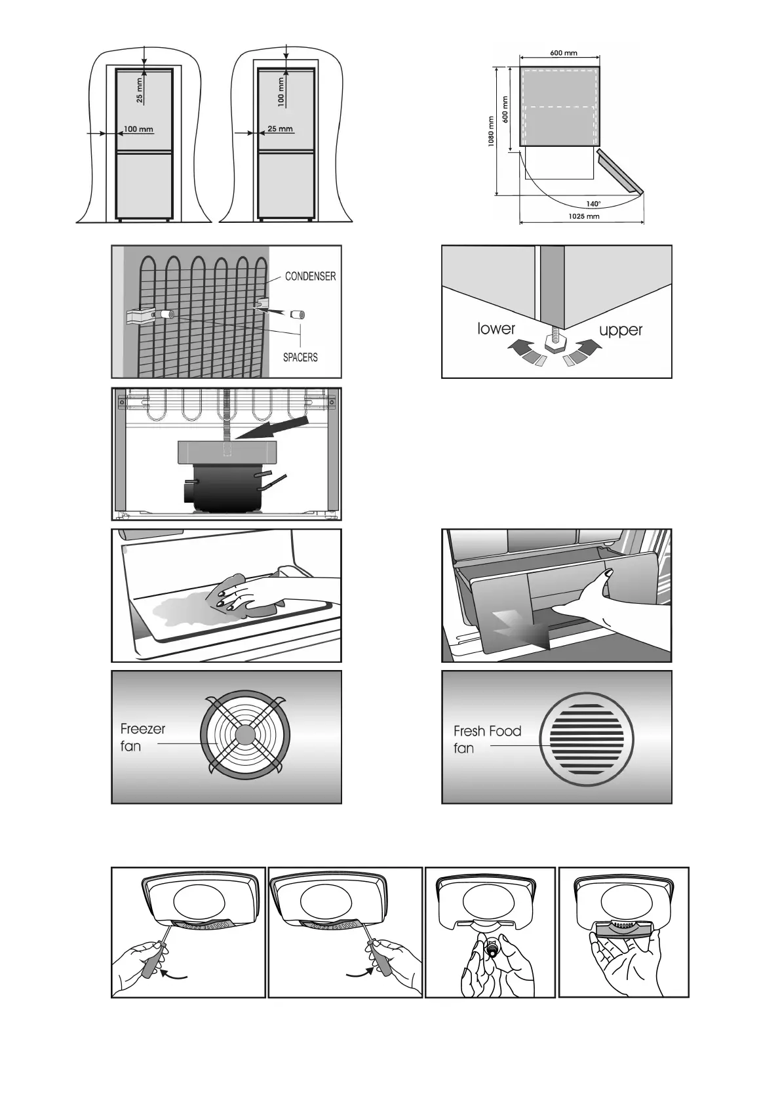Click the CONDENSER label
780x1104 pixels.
[x=310, y=277]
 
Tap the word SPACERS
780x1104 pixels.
[x=300, y=357]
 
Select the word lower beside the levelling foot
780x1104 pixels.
[x=496, y=328]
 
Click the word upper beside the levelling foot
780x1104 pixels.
[x=620, y=330]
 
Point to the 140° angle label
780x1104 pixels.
[x=593, y=204]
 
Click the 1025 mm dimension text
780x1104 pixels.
[x=583, y=216]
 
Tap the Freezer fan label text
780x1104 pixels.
[x=142, y=738]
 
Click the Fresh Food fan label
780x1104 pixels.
[x=487, y=739]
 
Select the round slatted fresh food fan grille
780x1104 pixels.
[x=587, y=739]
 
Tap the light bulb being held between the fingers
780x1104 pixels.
[x=491, y=949]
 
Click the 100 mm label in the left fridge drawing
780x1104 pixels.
[x=138, y=129]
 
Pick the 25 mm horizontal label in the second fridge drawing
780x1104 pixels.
[x=280, y=129]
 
